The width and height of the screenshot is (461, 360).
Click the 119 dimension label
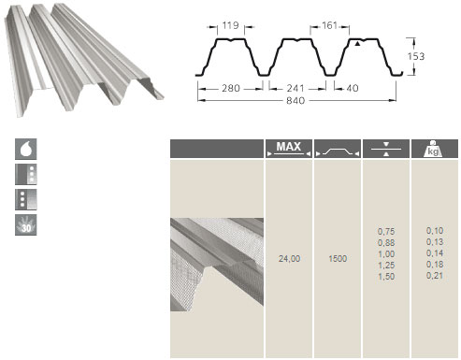231,25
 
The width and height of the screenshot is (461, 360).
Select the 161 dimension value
329,25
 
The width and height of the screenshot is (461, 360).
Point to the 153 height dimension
416,56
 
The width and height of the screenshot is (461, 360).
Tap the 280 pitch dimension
231,89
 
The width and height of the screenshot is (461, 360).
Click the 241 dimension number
295,89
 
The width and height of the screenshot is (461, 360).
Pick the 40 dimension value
353,89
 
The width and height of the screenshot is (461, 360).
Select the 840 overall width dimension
295,101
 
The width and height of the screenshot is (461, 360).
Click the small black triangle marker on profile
357,44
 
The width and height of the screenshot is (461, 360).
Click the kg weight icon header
434,149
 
